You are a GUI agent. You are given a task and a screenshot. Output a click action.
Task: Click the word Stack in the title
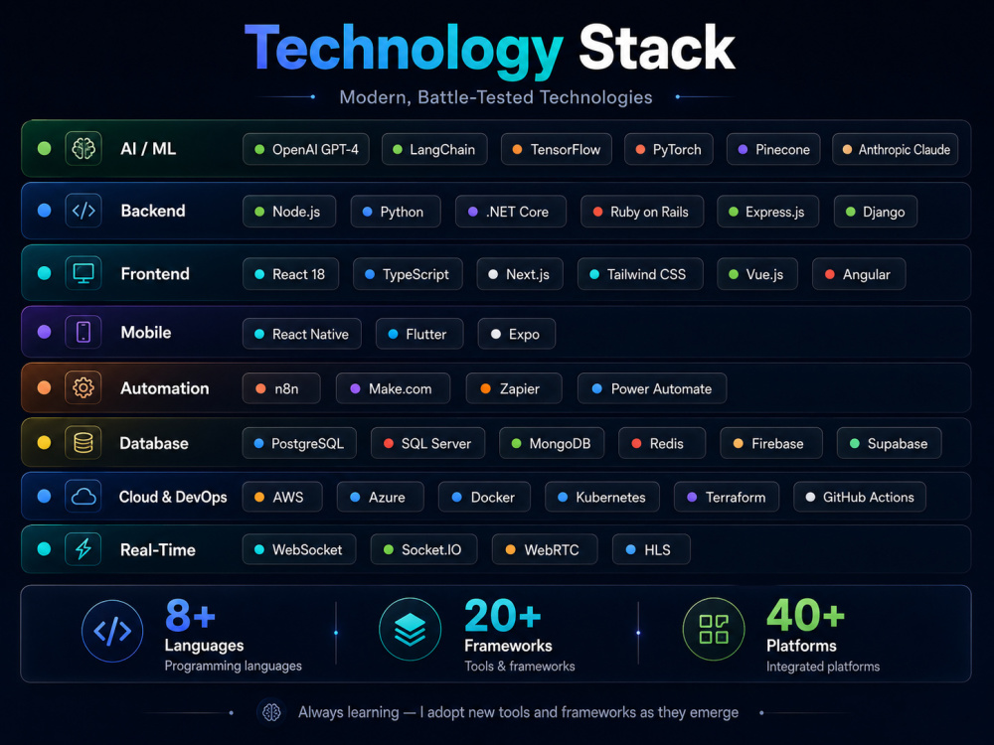click(x=657, y=47)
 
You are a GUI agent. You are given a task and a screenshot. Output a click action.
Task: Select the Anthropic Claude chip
click(x=895, y=150)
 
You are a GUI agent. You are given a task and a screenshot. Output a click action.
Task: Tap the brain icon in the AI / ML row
click(x=83, y=149)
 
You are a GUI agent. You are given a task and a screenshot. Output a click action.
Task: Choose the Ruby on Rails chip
click(x=641, y=212)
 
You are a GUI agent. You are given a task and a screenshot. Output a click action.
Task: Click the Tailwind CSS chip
click(x=639, y=274)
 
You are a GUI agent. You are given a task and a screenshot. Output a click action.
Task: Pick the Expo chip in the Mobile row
click(x=516, y=334)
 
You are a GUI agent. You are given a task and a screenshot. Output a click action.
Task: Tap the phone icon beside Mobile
click(x=83, y=332)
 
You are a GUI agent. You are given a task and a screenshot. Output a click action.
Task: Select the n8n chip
click(x=281, y=388)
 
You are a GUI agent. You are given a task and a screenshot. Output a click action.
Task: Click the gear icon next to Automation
click(x=83, y=387)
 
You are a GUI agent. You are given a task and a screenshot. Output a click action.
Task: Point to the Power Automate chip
click(x=652, y=388)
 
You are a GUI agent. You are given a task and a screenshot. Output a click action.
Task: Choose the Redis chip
click(x=662, y=443)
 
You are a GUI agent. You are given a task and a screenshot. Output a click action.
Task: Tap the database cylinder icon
click(x=83, y=443)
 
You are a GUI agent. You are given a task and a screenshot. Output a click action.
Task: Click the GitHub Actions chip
click(x=860, y=498)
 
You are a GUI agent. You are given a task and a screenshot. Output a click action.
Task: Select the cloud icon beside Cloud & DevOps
click(x=83, y=497)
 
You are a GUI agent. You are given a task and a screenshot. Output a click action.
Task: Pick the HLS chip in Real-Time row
click(x=651, y=550)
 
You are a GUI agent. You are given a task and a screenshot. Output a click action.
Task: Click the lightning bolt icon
click(x=83, y=549)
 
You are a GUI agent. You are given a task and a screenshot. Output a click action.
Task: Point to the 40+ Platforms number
click(x=805, y=615)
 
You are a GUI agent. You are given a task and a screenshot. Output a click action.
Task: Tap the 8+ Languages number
click(x=190, y=615)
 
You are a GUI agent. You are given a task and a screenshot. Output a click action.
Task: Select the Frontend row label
click(x=155, y=274)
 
